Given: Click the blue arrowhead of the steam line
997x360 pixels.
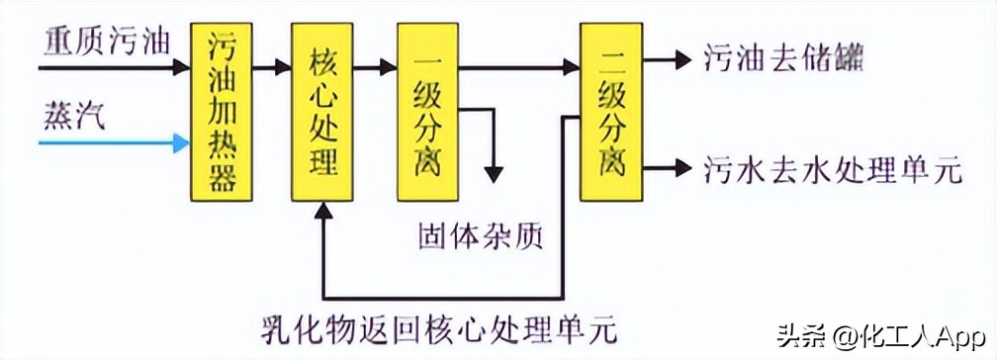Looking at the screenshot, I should [x=180, y=144].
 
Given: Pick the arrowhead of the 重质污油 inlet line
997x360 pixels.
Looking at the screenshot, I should [x=180, y=67].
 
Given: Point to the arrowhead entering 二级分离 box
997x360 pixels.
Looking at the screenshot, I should [x=571, y=67].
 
